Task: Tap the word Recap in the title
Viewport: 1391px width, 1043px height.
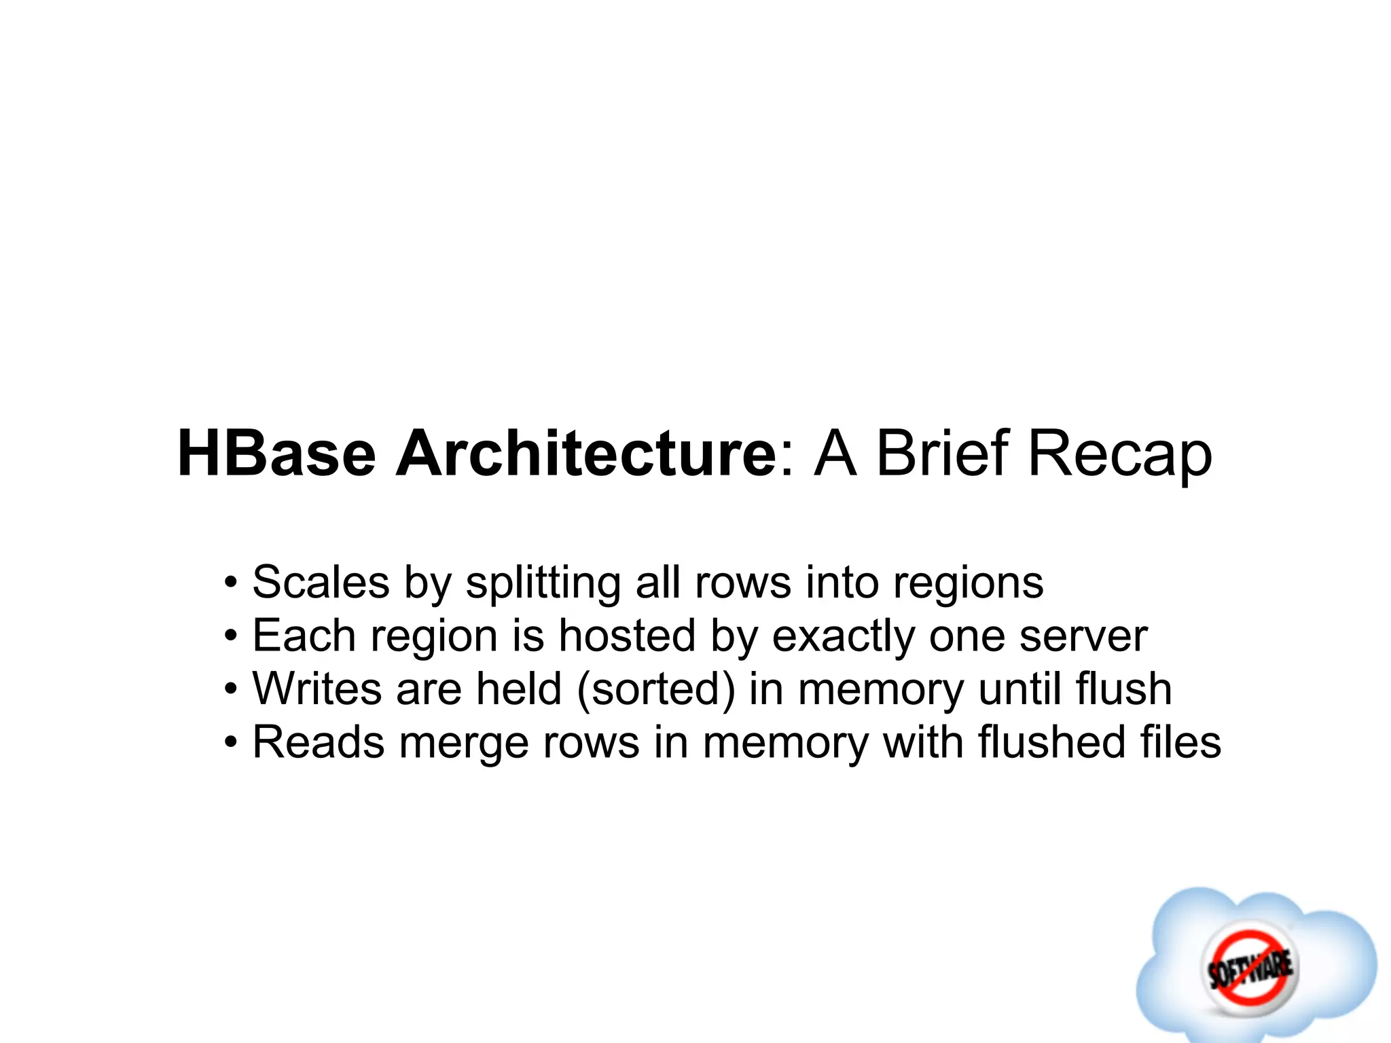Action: (1119, 454)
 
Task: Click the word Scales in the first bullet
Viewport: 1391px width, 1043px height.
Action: (321, 583)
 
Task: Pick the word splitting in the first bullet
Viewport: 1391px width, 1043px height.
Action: (543, 583)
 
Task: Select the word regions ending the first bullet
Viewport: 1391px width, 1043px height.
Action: (968, 583)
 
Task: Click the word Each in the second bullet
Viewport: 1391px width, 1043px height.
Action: (304, 636)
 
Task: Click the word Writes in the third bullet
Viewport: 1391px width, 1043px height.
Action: (317, 689)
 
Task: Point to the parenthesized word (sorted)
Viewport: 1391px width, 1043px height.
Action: (656, 689)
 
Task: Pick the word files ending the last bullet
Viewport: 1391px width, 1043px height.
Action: (1180, 742)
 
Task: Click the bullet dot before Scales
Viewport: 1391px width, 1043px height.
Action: (231, 583)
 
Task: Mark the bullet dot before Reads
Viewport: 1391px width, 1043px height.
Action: (231, 743)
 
